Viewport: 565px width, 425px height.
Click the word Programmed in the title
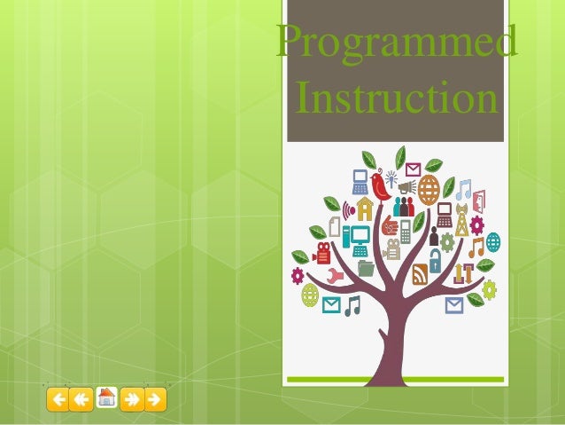pyautogui.click(x=396, y=43)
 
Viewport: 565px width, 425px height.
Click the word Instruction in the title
pyautogui.click(x=396, y=98)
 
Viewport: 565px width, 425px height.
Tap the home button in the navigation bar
pyautogui.click(x=106, y=398)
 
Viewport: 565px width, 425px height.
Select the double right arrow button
pyautogui.click(x=131, y=399)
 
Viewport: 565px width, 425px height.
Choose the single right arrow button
pyautogui.click(x=155, y=399)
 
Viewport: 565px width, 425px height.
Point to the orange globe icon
pyautogui.click(x=429, y=189)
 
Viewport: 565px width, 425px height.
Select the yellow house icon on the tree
pyautogui.click(x=364, y=209)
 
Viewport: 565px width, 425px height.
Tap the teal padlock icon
pyautogui.click(x=435, y=261)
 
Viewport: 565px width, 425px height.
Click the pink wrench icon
pyautogui.click(x=335, y=274)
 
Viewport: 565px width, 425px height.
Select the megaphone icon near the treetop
pyautogui.click(x=406, y=187)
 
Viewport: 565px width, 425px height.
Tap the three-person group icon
pyautogui.click(x=404, y=207)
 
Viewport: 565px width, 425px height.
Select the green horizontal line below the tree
pyautogui.click(x=393, y=380)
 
